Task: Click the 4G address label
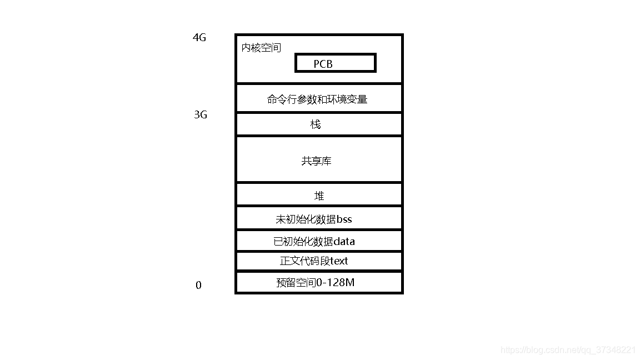click(199, 38)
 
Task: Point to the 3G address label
click(201, 115)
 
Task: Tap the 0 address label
click(198, 286)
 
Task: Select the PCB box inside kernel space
click(335, 63)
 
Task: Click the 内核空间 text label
click(261, 48)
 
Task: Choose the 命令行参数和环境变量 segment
click(318, 99)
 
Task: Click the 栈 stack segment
click(318, 124)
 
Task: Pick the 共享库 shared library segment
click(318, 161)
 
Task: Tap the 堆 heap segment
click(318, 196)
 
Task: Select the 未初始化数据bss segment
click(318, 219)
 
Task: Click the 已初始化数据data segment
click(318, 241)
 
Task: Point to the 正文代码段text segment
click(318, 261)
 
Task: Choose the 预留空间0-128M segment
click(318, 282)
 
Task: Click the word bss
click(344, 219)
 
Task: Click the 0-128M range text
click(336, 282)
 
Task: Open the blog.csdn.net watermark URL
click(568, 350)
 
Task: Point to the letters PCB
click(323, 64)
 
